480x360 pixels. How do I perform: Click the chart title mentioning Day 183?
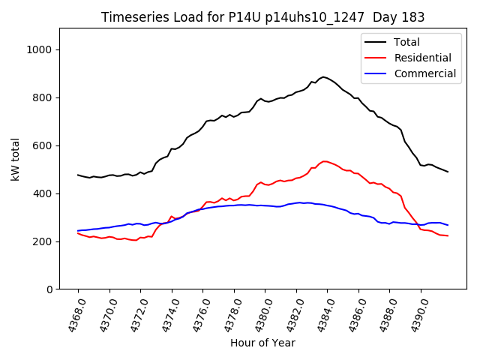click(262, 17)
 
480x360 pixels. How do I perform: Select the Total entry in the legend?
click(406, 42)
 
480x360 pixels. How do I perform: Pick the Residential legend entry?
click(422, 58)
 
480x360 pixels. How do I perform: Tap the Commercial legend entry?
click(424, 73)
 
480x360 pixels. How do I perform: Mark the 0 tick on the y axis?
click(50, 289)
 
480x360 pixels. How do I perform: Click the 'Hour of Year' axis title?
click(262, 343)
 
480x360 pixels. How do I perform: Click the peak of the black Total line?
click(324, 76)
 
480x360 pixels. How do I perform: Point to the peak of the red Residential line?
click(325, 160)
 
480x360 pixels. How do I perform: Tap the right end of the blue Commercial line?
click(448, 225)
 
